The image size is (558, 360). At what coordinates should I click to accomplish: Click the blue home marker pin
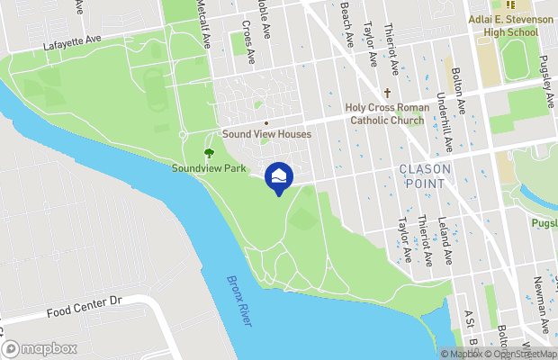(279, 176)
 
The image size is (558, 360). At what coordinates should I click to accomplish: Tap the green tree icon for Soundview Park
(210, 154)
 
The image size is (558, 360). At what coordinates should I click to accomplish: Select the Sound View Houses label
(267, 134)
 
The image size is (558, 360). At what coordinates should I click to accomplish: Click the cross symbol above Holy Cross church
(388, 93)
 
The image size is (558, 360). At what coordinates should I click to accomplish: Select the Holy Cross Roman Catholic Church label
(388, 113)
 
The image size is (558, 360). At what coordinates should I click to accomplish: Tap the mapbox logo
(39, 348)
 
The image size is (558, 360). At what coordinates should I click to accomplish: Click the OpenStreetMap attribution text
(520, 354)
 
